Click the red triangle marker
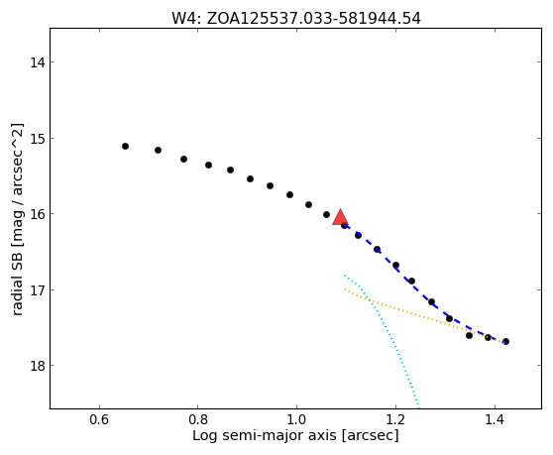click(340, 218)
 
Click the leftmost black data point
click(125, 146)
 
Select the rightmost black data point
click(505, 341)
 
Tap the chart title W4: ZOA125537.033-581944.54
click(296, 19)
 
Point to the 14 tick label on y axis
click(37, 62)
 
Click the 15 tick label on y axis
click(37, 138)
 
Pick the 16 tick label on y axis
click(37, 214)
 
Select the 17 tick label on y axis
click(37, 289)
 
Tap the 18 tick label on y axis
click(37, 366)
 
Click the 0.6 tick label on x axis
click(99, 420)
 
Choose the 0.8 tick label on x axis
click(198, 420)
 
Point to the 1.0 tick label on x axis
click(296, 420)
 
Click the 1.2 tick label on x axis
click(395, 420)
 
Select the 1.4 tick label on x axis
click(495, 420)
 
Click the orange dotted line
click(424, 316)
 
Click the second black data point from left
click(158, 151)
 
